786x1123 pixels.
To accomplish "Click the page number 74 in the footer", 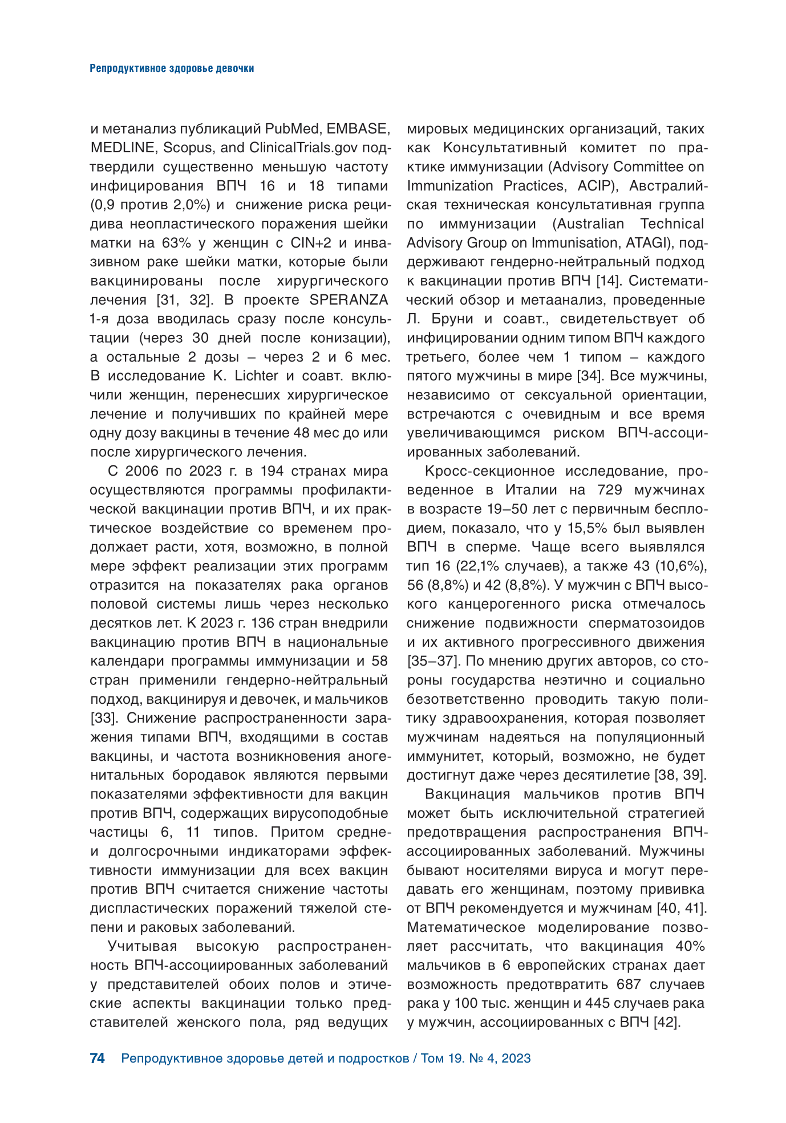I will coord(98,1058).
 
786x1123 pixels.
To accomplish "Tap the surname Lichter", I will coord(254,376).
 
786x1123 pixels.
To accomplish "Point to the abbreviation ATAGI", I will coord(647,243).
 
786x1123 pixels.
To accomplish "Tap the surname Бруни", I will coord(460,319).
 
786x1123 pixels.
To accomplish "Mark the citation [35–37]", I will coord(433,661).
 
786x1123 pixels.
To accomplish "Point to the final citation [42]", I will coord(667,1022).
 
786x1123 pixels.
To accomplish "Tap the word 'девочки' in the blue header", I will coord(236,68).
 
